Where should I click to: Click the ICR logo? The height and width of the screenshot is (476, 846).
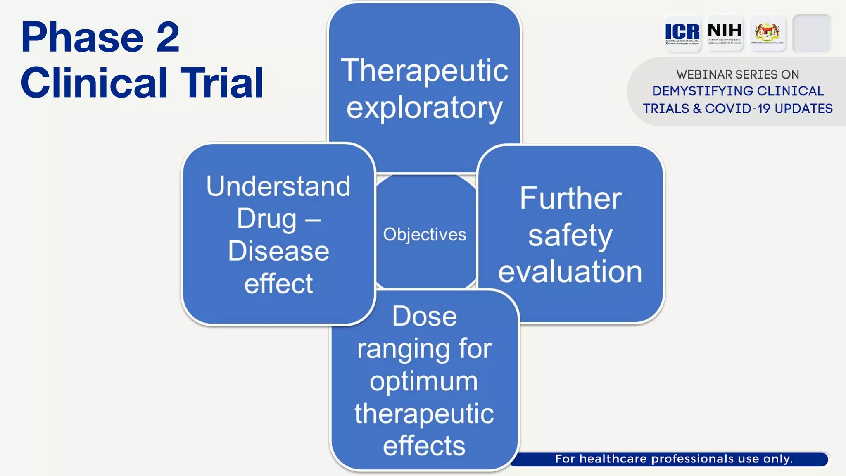click(x=682, y=33)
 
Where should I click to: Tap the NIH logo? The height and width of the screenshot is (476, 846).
click(x=725, y=33)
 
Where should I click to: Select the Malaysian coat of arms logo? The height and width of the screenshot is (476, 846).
click(x=767, y=33)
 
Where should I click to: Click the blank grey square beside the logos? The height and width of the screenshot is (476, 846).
click(x=812, y=33)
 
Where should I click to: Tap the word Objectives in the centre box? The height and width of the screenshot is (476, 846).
click(x=424, y=235)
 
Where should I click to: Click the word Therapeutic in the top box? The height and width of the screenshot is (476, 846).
click(x=424, y=71)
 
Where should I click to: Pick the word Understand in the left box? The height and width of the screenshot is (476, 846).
click(x=278, y=186)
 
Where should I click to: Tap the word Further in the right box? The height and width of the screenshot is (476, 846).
click(x=570, y=198)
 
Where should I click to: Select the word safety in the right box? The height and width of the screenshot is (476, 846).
click(x=570, y=236)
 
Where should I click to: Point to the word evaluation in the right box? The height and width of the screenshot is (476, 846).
click(x=570, y=272)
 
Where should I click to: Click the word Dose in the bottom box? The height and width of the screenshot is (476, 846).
click(x=424, y=317)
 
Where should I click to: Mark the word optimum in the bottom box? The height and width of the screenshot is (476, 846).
click(x=423, y=381)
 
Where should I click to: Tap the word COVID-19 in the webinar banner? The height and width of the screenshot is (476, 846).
click(x=737, y=109)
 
